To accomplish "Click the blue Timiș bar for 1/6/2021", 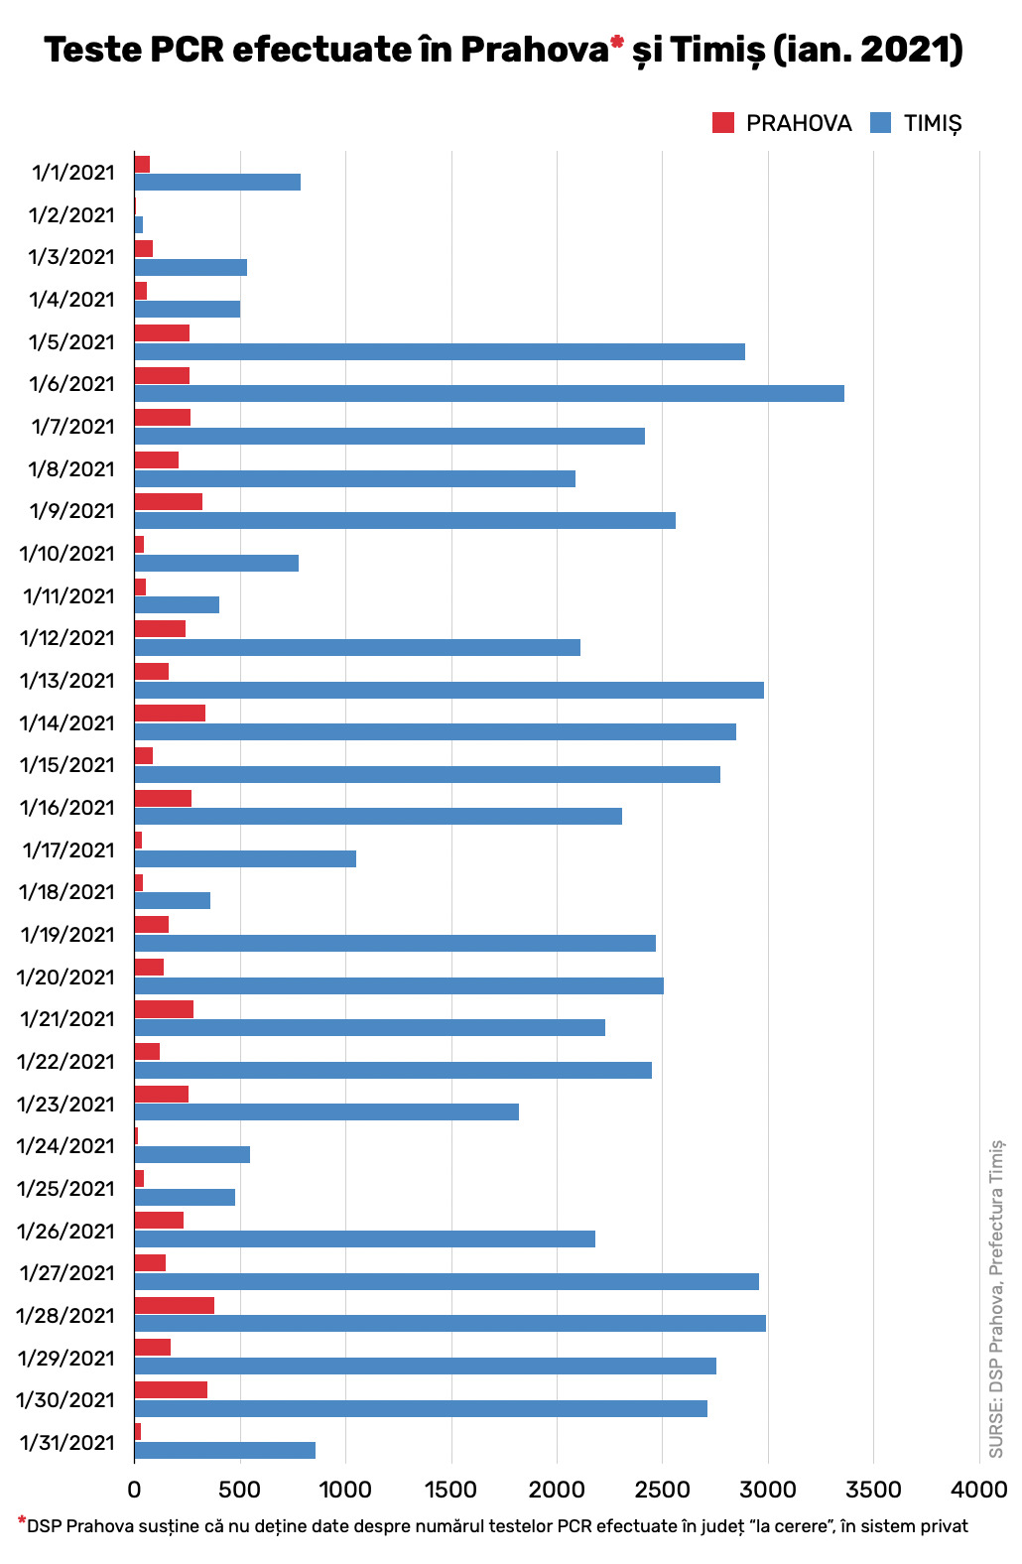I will pos(489,393).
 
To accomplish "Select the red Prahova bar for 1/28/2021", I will pos(175,1305).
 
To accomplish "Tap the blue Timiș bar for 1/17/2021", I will pos(245,858).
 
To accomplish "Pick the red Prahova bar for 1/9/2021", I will pos(169,501).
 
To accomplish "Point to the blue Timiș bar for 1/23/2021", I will pos(326,1111).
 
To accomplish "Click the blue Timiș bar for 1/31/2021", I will pos(225,1450).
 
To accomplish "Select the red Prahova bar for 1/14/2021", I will pos(170,713).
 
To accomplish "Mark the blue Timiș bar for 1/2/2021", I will pos(139,224).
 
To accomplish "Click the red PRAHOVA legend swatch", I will pos(723,122).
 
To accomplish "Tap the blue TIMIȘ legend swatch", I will pos(880,122).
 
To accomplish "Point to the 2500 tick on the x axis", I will pos(662,1489).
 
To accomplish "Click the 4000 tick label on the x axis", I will pos(978,1489).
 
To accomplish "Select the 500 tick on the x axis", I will pos(240,1489).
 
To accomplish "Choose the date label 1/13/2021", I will pos(67,681).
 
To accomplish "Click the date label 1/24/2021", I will pos(65,1146).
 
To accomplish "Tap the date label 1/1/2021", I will pos(73,173).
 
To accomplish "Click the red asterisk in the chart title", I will pos(617,42).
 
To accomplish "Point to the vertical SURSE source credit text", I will pos(996,1300).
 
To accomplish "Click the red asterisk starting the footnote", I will pos(22,1520).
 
